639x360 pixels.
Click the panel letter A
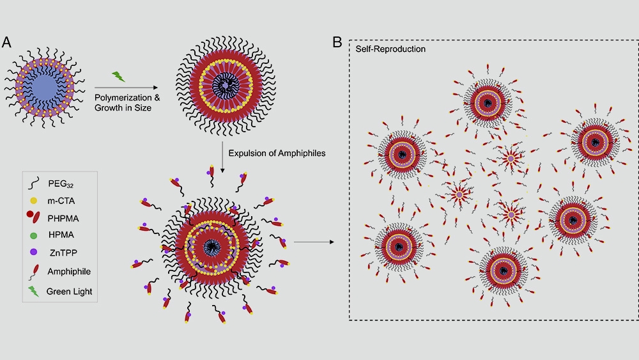[x=8, y=43]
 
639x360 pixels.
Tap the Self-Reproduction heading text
[x=390, y=49]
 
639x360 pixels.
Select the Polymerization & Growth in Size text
[x=127, y=103]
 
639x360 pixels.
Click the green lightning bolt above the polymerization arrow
[x=119, y=77]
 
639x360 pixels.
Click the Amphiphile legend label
[x=69, y=272]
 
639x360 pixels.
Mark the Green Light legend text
[x=70, y=292]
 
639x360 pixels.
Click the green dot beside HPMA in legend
[x=33, y=236]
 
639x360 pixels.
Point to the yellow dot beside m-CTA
[x=33, y=200]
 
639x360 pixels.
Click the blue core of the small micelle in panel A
[x=41, y=86]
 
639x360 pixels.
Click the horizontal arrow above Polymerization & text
[x=127, y=88]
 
